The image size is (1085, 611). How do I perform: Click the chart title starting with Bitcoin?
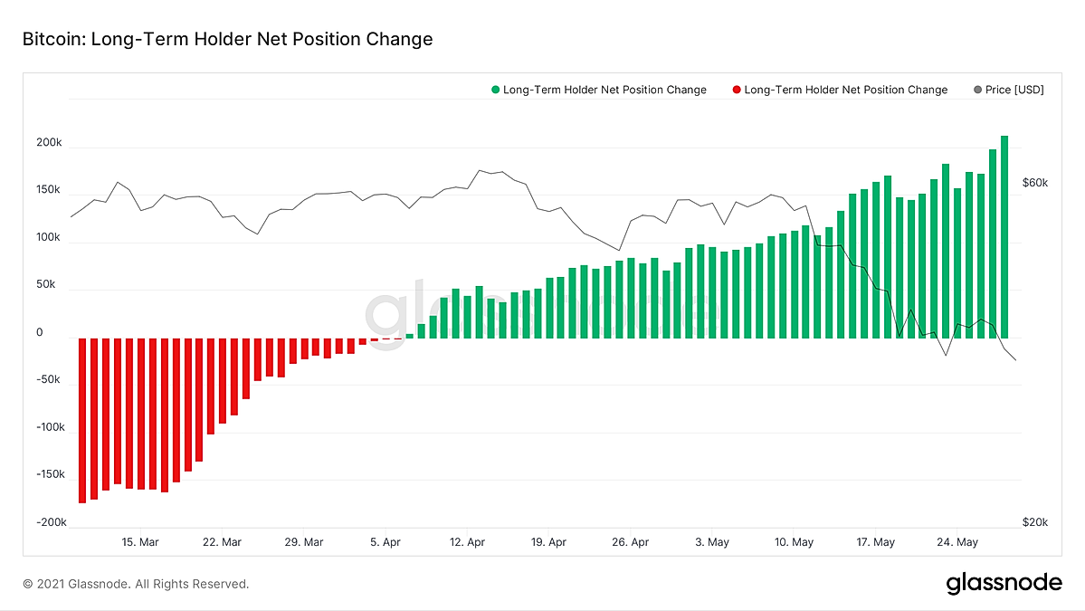pos(228,39)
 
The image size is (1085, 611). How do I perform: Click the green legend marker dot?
pos(496,90)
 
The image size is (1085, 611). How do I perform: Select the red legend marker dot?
pos(737,90)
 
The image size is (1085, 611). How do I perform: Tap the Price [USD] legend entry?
pos(1009,90)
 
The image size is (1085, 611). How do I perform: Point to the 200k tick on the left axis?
pos(49,142)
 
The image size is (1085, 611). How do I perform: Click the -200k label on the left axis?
pos(52,522)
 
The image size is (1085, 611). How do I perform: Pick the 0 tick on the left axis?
pos(40,332)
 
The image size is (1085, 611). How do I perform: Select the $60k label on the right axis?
pos(1035,183)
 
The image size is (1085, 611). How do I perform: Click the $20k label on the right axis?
pos(1035,522)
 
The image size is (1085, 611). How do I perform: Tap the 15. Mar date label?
pos(140,542)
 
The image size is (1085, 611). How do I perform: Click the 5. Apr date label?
pos(385,542)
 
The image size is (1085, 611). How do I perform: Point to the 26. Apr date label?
pos(631,542)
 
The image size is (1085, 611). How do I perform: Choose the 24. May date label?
pos(957,542)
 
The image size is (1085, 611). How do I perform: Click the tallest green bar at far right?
pos(1004,236)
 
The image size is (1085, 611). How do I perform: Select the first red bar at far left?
pos(82,421)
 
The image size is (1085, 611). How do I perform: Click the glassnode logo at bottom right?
pos(1004,583)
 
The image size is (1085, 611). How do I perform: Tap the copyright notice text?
pos(136,584)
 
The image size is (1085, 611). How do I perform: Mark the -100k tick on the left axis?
pos(51,427)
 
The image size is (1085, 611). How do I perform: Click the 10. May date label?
pos(794,542)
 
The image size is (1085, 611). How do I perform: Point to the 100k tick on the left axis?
pos(49,237)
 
